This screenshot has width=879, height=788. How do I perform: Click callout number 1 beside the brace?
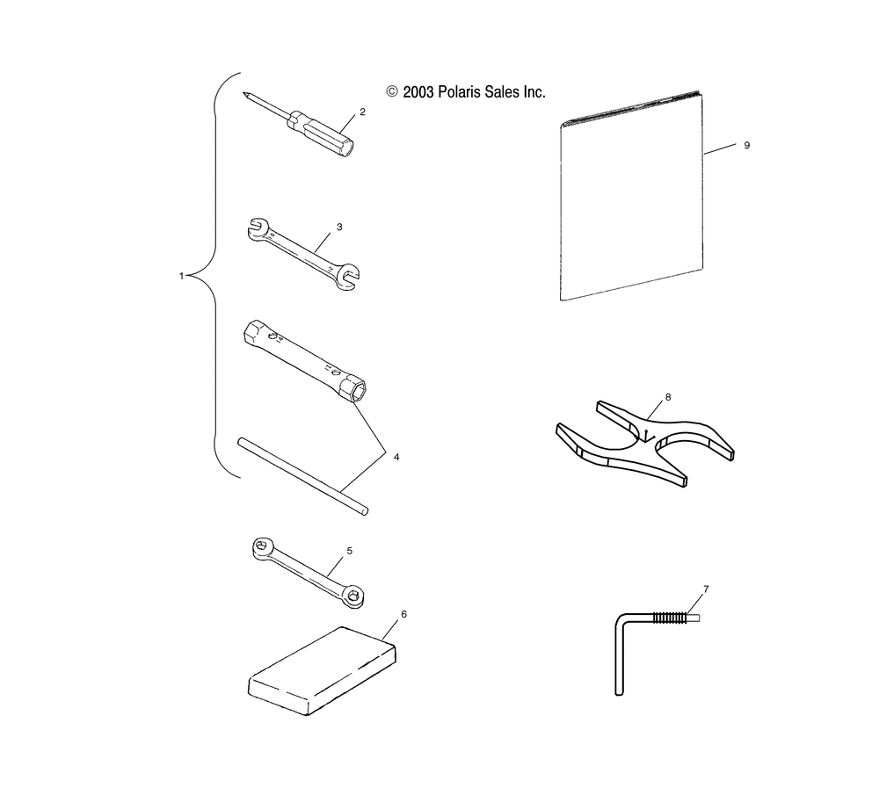[x=181, y=276]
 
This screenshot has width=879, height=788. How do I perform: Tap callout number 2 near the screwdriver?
[x=360, y=112]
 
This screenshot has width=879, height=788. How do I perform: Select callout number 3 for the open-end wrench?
[x=339, y=227]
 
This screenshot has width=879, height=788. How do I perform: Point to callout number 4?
[x=396, y=457]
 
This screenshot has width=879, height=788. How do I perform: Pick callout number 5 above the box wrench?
[x=349, y=550]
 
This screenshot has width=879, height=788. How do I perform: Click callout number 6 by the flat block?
[x=403, y=613]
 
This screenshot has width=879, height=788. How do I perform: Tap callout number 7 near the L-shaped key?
[x=706, y=587]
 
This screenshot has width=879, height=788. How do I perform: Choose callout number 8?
[x=667, y=397]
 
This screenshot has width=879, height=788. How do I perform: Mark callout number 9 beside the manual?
[x=746, y=145]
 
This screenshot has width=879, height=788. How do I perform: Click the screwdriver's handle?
[x=321, y=133]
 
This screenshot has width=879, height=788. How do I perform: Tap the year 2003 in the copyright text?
[x=418, y=91]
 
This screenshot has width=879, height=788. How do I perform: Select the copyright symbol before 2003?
[x=392, y=91]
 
